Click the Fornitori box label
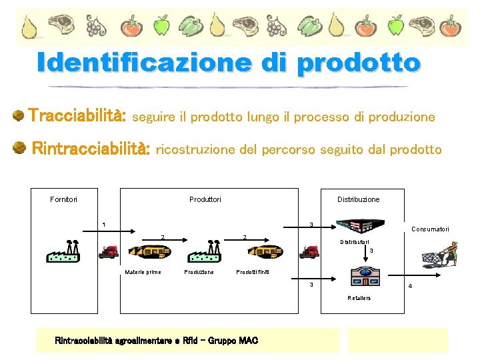click(63, 199)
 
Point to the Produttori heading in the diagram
click(205, 199)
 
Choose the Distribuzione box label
click(358, 199)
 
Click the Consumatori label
click(429, 229)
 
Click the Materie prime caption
click(143, 272)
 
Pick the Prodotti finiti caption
click(253, 272)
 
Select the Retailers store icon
click(363, 278)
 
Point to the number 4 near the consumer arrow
click(410, 287)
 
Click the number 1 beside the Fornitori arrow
click(103, 223)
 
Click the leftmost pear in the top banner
click(29, 27)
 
